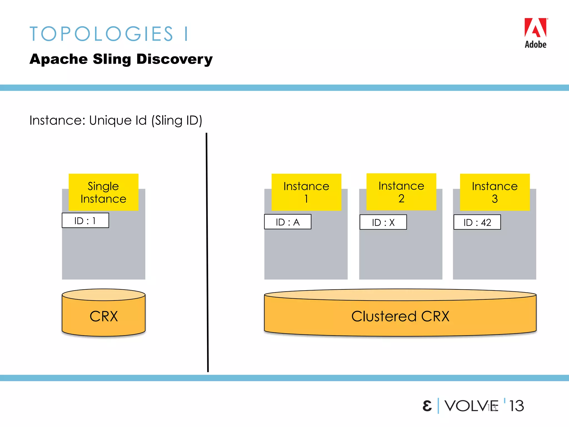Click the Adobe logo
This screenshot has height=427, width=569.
point(535,33)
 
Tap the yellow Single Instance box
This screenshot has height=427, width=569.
point(103,192)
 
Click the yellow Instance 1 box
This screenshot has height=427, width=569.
point(306,192)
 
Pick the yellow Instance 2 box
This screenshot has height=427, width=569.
point(401,192)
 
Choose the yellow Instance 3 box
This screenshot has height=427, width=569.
point(495,192)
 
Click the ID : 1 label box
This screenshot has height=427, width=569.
point(85,220)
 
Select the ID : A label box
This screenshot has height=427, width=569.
point(288,222)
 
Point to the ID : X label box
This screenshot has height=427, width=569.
point(383,222)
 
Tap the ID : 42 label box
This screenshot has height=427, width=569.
point(477,222)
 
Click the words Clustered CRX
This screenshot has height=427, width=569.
point(400,316)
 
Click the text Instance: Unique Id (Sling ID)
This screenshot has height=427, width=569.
point(116,120)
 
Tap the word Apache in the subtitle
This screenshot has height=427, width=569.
point(59,59)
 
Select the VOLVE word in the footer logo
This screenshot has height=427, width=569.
point(471,406)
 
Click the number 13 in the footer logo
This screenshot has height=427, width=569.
point(516,406)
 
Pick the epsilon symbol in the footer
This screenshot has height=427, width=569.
point(427,406)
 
